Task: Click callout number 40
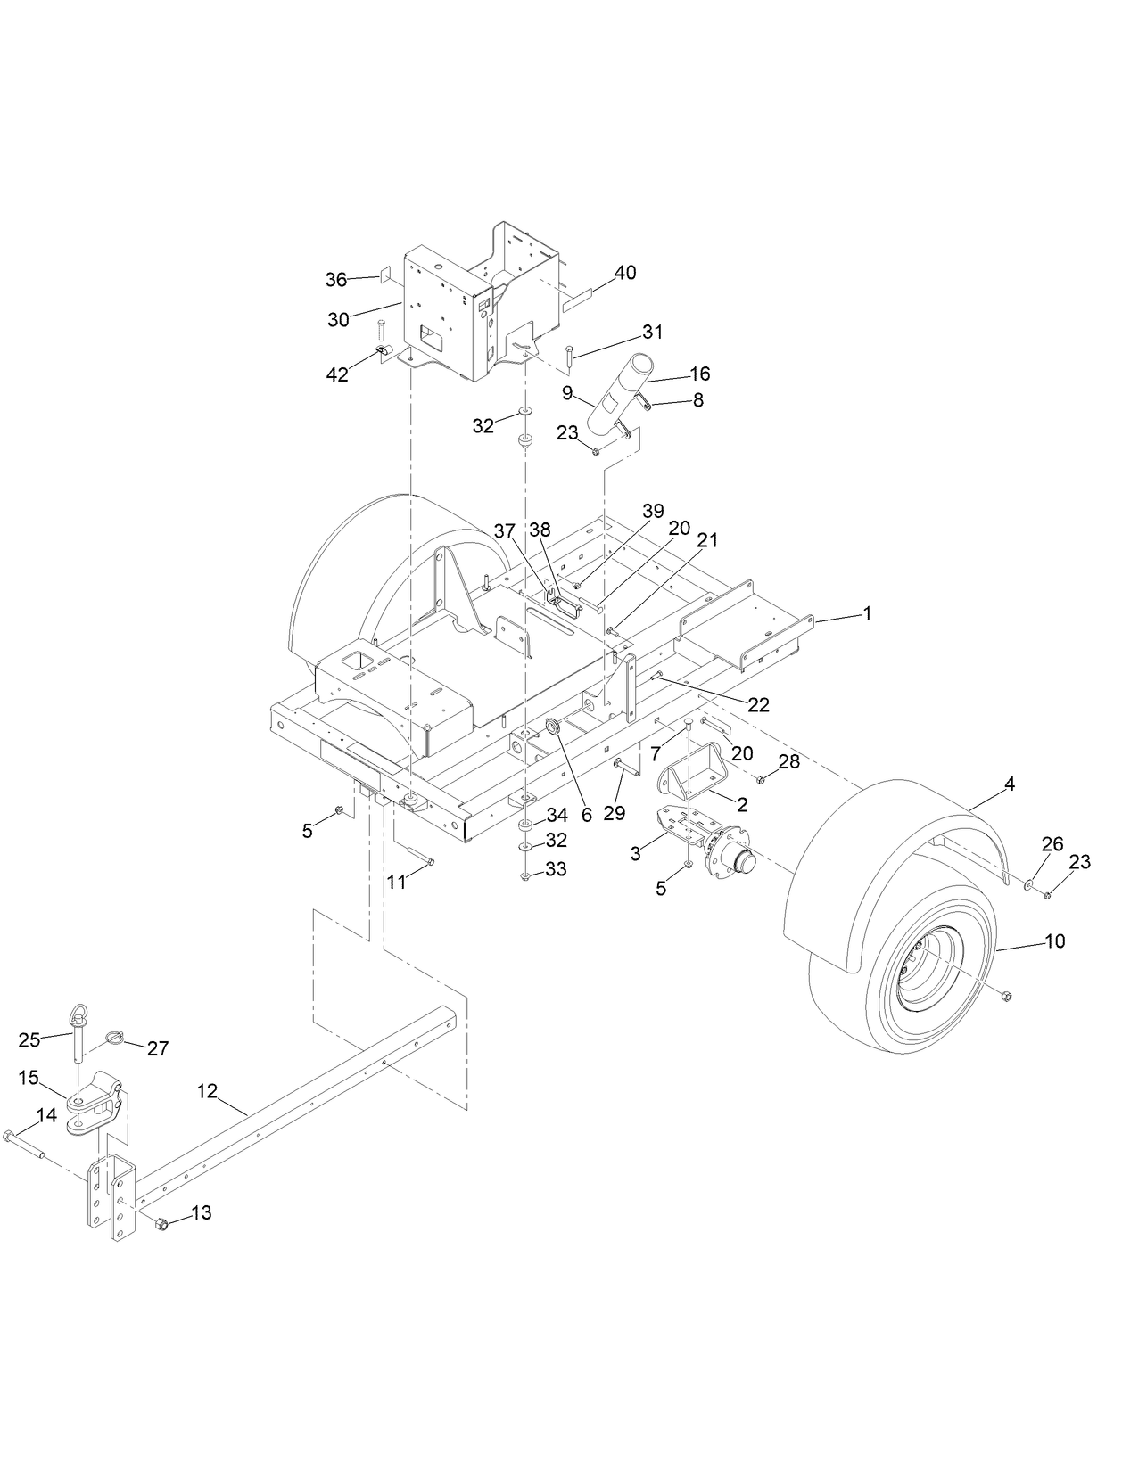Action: pyautogui.click(x=625, y=273)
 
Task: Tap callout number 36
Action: pyautogui.click(x=335, y=279)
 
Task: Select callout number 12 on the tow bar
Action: pyautogui.click(x=207, y=1091)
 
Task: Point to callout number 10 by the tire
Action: pyautogui.click(x=1054, y=941)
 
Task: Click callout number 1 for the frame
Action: pyautogui.click(x=866, y=614)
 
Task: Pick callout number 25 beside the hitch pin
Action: pyautogui.click(x=29, y=1039)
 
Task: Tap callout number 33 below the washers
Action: pyautogui.click(x=556, y=869)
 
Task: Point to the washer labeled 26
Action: pyautogui.click(x=1028, y=884)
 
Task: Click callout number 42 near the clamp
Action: pyautogui.click(x=337, y=374)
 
